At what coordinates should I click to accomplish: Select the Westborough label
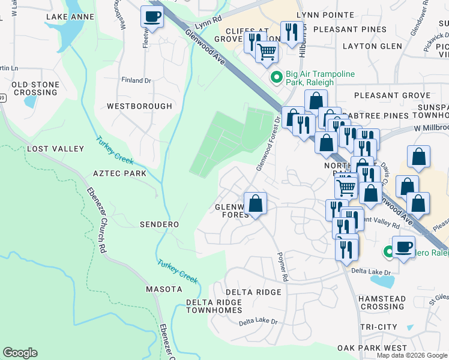point(139,106)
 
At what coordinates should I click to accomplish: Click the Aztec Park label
point(119,173)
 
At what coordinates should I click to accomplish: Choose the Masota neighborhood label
point(164,289)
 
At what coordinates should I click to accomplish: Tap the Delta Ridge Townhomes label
point(213,306)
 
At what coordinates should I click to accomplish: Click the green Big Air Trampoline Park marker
point(276,77)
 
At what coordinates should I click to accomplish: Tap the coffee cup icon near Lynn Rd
point(152,17)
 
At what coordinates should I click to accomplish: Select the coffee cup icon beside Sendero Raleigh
point(403,247)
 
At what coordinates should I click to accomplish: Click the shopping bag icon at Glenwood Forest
point(256,203)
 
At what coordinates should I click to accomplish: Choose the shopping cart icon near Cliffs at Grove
point(267,52)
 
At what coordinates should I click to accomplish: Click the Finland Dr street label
point(135,80)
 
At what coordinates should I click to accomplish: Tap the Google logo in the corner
point(20,353)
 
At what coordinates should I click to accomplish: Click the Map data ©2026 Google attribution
point(411,355)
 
